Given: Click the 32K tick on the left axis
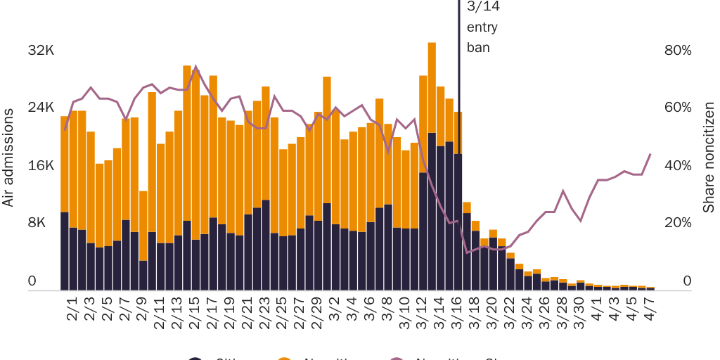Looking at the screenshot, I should coord(41,51).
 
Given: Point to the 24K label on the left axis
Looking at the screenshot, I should coord(41,108).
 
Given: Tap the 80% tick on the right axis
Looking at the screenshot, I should coord(678,51).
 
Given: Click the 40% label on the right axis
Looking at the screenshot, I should coord(678,166).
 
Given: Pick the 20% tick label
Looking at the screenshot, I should coord(678,223).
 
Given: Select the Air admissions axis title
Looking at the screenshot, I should coord(8,157).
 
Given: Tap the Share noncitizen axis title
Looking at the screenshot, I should coord(709,157).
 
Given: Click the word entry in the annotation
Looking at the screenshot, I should coord(482,28).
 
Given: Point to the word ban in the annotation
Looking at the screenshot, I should coord(478,48).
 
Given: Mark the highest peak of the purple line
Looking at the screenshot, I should coord(195,67).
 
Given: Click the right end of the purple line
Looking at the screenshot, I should coord(650,154).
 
